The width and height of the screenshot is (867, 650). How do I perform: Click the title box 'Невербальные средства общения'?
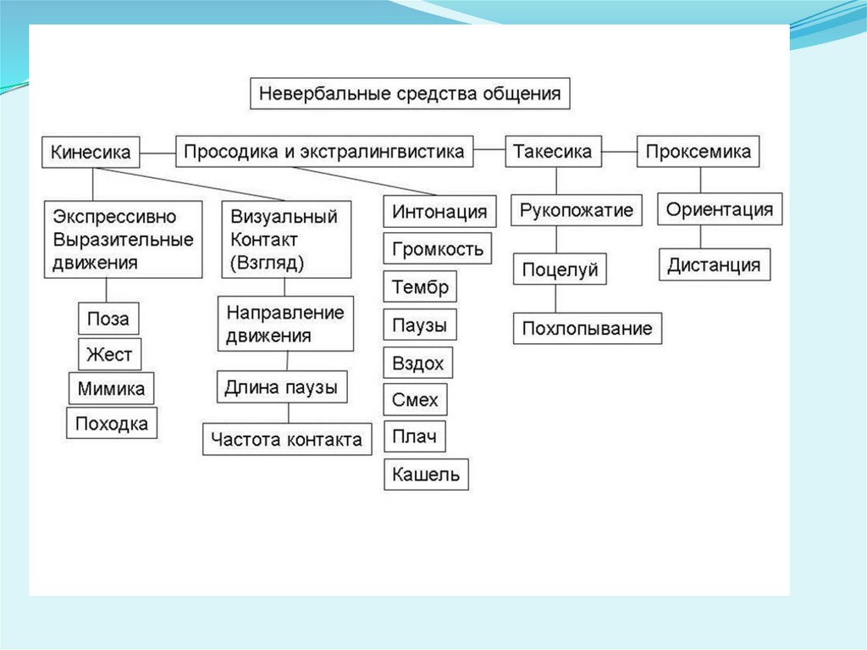tap(410, 93)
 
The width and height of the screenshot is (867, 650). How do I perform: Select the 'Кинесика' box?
tap(91, 153)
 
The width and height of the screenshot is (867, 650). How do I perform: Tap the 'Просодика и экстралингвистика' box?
tap(324, 153)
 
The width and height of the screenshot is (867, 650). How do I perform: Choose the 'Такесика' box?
tap(554, 153)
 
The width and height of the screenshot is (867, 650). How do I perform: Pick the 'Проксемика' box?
tap(698, 153)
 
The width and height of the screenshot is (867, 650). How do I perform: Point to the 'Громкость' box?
tap(437, 249)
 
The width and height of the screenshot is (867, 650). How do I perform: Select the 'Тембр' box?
tap(420, 287)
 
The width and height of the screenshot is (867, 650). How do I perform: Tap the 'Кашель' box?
tap(426, 475)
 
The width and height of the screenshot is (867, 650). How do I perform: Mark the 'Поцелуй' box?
tap(560, 270)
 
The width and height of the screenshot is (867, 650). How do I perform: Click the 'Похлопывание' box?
tap(587, 328)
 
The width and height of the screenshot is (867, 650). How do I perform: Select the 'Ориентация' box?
tap(720, 209)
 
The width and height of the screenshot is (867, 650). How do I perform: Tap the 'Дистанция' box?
tap(715, 265)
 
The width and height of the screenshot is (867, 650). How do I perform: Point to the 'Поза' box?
tap(108, 319)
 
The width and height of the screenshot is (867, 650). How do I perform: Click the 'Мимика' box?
tap(111, 389)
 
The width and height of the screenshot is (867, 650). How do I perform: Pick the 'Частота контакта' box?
tap(287, 439)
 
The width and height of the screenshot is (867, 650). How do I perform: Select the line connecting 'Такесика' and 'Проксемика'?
tap(620, 153)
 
